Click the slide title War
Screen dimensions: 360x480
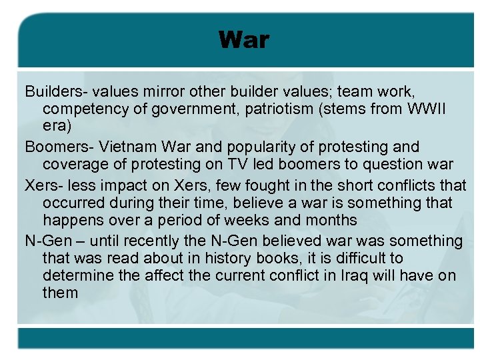(x=243, y=40)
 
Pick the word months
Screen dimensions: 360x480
(x=331, y=220)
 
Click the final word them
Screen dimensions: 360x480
(x=61, y=293)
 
